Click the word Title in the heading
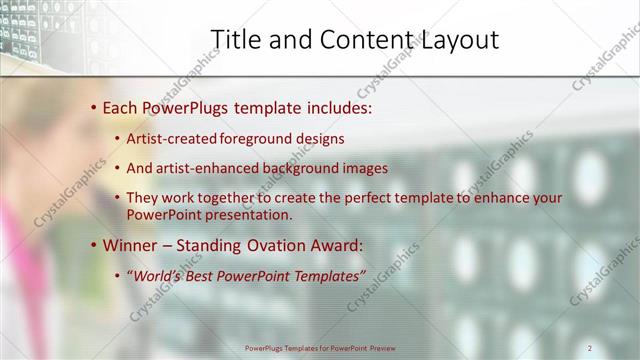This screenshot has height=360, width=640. (235, 39)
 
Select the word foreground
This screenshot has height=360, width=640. (255, 139)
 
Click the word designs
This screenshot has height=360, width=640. (320, 139)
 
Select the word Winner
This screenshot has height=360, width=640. (130, 244)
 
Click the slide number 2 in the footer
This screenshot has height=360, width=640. (589, 347)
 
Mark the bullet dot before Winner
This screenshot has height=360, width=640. (93, 244)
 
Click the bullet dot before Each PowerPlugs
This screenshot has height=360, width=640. (93, 106)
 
